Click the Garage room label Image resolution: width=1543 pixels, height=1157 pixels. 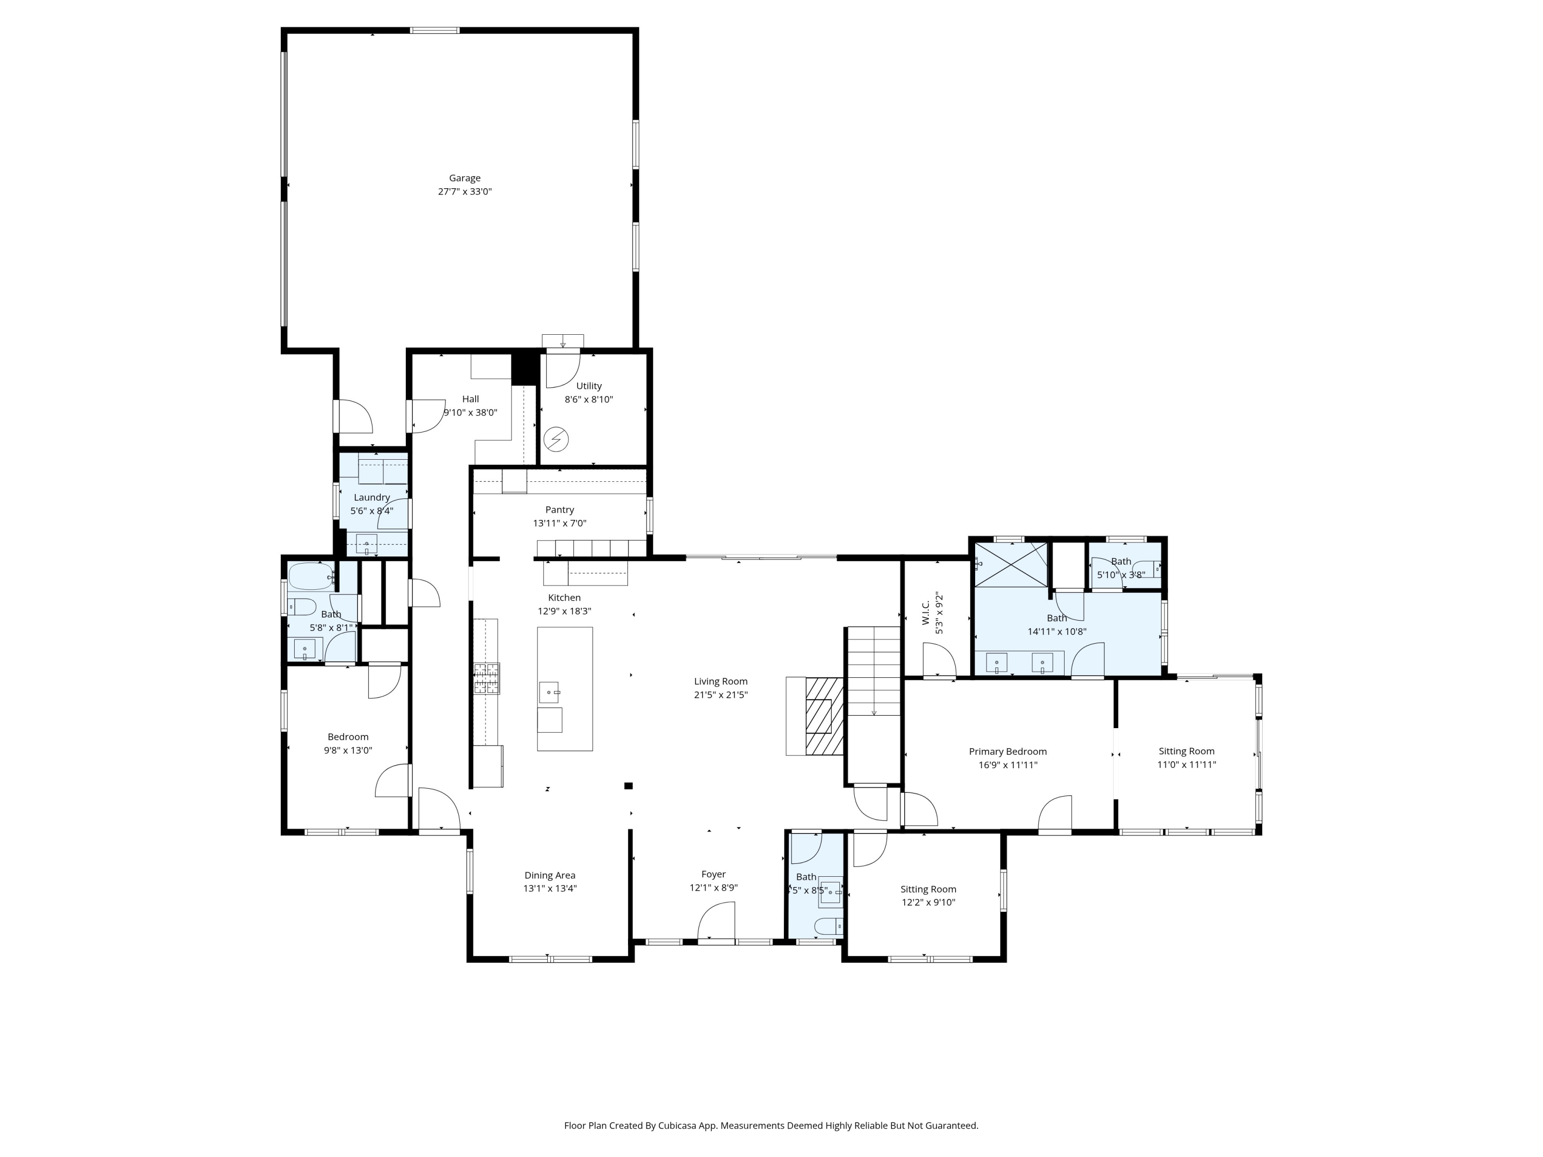click(464, 178)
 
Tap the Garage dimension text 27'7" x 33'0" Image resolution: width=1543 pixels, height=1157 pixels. click(464, 192)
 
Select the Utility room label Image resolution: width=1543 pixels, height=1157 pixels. click(589, 386)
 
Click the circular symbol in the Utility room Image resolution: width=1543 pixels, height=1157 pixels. click(556, 439)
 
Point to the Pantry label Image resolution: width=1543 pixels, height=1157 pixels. click(560, 510)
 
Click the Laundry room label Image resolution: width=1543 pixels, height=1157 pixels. click(372, 497)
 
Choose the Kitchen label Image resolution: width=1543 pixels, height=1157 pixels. click(564, 598)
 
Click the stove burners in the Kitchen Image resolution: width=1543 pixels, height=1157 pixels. click(487, 679)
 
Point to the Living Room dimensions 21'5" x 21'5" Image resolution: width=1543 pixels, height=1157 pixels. click(721, 695)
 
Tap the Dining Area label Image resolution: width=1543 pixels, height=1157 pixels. click(550, 875)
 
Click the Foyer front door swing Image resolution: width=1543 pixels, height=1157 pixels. click(717, 920)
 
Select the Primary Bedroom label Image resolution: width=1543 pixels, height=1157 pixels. click(1007, 751)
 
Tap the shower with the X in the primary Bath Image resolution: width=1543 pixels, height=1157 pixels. click(1011, 564)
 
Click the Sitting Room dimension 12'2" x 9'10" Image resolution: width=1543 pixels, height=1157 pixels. click(928, 902)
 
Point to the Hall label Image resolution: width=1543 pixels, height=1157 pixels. click(470, 399)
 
